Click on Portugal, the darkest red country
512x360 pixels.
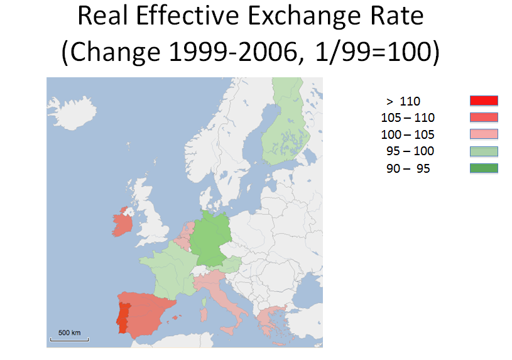(x=124, y=315)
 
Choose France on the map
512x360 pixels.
(x=168, y=270)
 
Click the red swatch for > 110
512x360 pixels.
(x=484, y=101)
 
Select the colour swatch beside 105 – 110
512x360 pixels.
(x=484, y=117)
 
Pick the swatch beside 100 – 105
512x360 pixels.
(x=484, y=134)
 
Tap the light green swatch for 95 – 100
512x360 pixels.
(x=484, y=151)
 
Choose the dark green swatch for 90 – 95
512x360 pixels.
(x=484, y=168)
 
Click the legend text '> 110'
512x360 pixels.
(x=403, y=101)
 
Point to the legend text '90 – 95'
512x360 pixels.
(x=408, y=168)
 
